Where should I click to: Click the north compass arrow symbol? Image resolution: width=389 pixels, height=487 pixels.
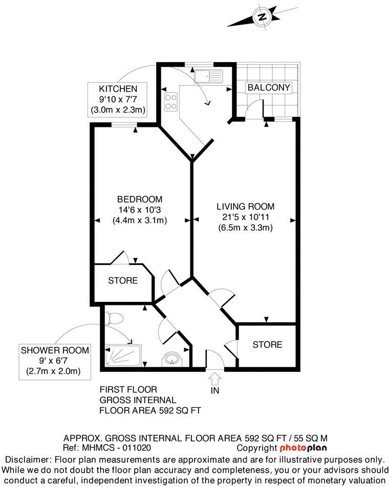[262, 17]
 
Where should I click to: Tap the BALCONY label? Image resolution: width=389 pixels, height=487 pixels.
[269, 87]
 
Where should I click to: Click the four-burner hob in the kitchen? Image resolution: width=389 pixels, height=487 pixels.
[170, 100]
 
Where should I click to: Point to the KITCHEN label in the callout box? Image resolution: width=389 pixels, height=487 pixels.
[118, 89]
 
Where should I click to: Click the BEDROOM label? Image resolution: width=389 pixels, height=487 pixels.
[140, 199]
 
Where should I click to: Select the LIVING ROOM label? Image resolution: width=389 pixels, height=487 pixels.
[245, 207]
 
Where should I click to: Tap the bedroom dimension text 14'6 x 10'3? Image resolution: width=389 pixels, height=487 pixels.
[140, 210]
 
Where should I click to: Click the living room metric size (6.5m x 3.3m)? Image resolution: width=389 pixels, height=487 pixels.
[245, 228]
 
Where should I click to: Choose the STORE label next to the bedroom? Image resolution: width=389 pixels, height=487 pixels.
[123, 280]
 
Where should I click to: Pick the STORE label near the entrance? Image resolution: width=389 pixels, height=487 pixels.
[267, 344]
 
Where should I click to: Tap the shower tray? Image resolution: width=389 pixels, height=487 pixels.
[123, 355]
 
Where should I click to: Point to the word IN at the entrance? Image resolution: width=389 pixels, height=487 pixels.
[214, 391]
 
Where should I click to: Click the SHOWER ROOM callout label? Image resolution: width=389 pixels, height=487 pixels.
[54, 350]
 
